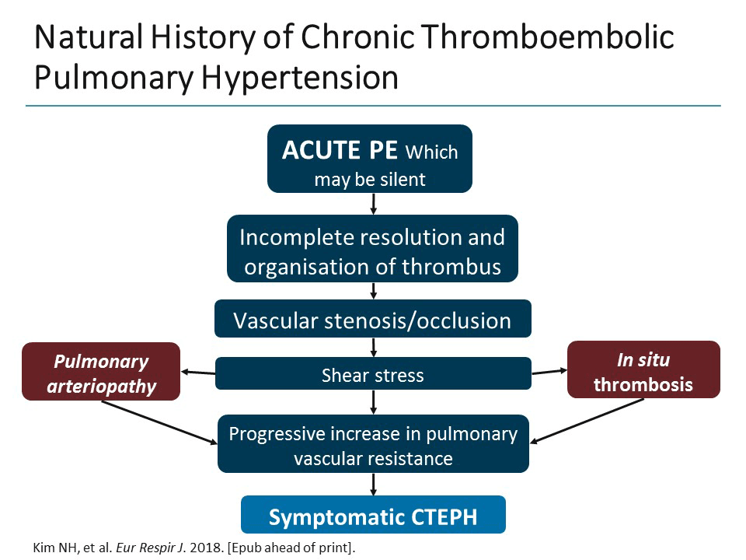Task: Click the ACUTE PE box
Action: (370, 159)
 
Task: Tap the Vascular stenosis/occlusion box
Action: (373, 319)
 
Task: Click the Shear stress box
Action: (373, 374)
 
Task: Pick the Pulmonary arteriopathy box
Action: (101, 372)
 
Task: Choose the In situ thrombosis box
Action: (643, 370)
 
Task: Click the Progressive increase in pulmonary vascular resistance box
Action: (373, 445)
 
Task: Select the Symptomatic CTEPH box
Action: (373, 515)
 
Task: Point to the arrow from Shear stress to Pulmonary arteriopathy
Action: (197, 373)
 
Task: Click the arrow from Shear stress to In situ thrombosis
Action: (549, 372)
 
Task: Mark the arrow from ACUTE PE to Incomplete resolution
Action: (374, 203)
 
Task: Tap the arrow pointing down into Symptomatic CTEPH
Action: (374, 484)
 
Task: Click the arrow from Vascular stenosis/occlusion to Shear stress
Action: (374, 347)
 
